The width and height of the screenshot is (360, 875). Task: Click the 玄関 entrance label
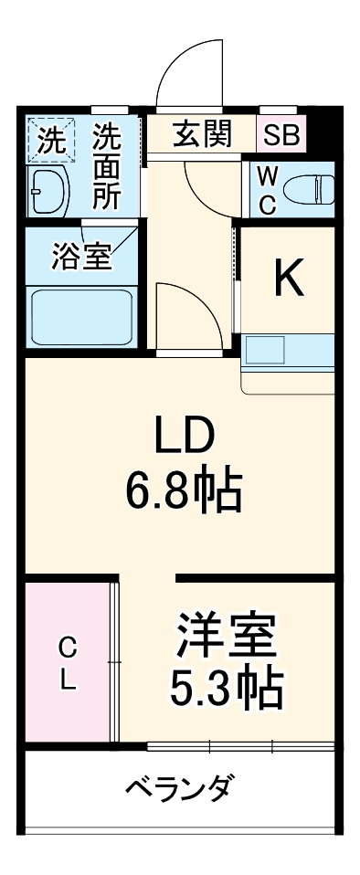click(202, 135)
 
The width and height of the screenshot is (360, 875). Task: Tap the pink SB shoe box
click(281, 136)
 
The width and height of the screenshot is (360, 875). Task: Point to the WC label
click(266, 189)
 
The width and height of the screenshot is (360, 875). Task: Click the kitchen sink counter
click(288, 353)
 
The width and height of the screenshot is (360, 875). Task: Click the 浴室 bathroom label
click(80, 255)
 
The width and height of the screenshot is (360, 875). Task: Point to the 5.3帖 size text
click(226, 692)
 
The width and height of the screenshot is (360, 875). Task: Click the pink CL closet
click(69, 663)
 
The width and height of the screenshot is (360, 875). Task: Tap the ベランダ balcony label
click(179, 786)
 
